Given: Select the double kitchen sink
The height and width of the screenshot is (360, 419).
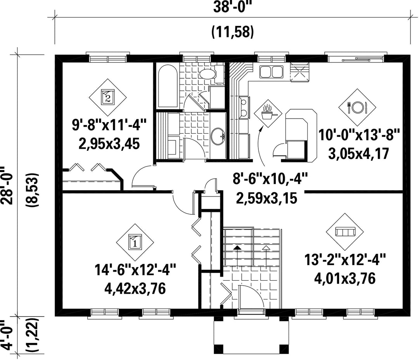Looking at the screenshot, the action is tap(271, 72).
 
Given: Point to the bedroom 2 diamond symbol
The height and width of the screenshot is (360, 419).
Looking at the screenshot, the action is tap(108, 97).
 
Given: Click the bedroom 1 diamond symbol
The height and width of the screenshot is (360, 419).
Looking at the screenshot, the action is tap(135, 242).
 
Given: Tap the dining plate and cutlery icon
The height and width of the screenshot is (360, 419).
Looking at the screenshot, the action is tap(357, 107).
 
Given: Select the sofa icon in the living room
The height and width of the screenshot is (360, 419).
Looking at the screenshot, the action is tap(345, 232).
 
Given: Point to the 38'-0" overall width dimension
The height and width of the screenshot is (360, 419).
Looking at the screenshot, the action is tap(233, 7).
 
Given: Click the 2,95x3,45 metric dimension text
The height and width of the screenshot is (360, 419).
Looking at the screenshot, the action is tap(109, 144).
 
